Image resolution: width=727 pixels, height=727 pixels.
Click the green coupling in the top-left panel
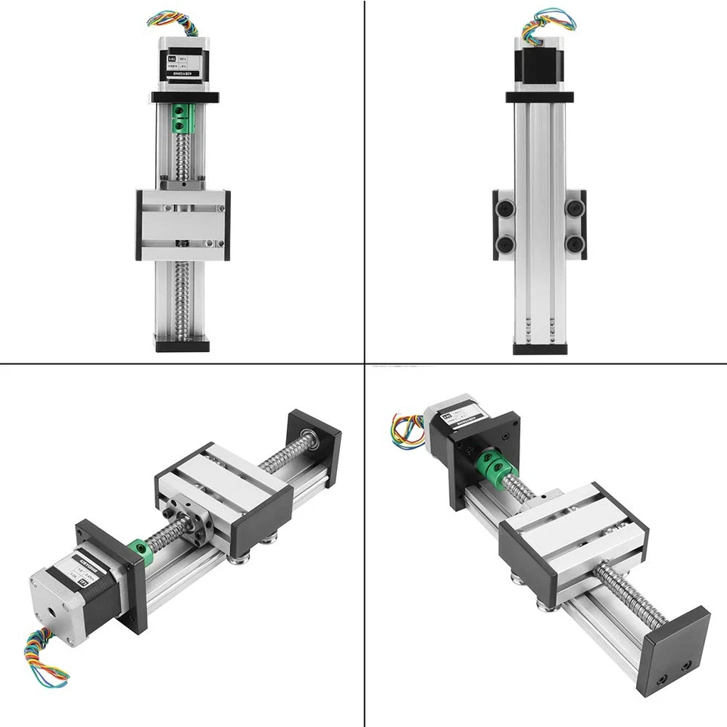pyautogui.click(x=183, y=120)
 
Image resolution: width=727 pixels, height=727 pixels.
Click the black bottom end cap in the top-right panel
pyautogui.click(x=539, y=348)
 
